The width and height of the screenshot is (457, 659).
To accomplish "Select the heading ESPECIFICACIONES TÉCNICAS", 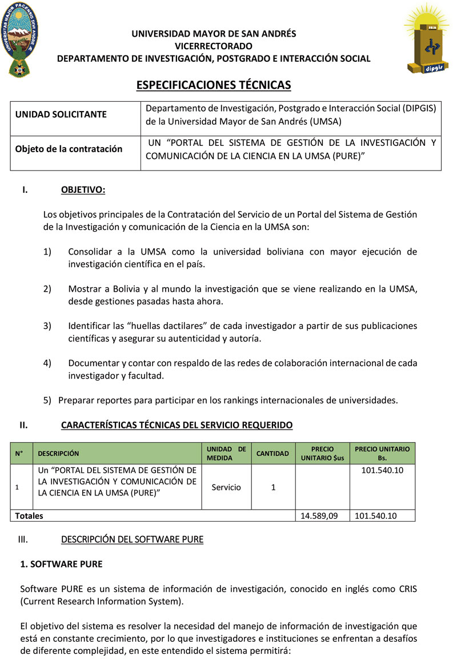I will (x=214, y=85).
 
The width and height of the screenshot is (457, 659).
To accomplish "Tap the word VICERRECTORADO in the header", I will (x=214, y=46).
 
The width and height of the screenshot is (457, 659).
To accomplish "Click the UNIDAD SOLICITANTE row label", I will (x=61, y=114).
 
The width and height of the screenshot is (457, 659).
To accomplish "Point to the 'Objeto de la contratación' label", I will (x=69, y=149).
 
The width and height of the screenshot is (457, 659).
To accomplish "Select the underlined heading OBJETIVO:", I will (x=83, y=190).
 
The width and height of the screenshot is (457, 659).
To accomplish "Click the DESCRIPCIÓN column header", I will (x=58, y=454).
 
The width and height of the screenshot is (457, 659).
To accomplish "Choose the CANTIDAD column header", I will (x=272, y=454).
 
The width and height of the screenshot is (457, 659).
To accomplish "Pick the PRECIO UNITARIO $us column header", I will (x=323, y=453).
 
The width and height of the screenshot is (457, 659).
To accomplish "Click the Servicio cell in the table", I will (x=226, y=487).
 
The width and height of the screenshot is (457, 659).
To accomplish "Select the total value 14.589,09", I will (x=319, y=515).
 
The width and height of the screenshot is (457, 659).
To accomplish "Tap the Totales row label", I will (x=29, y=515).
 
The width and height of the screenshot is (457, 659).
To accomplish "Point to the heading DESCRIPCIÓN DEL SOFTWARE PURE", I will (x=132, y=539).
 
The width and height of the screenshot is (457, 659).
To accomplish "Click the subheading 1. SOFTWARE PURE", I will (x=61, y=564).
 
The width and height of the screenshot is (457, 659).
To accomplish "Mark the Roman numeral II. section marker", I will (x=24, y=425).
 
